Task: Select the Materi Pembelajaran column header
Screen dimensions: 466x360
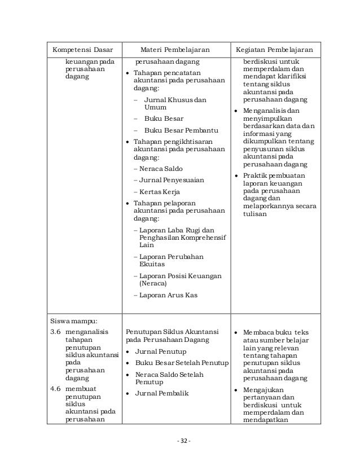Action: click(x=176, y=49)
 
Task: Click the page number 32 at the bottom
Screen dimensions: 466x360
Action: click(x=180, y=439)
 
